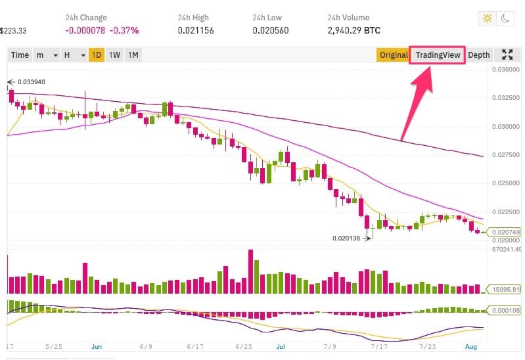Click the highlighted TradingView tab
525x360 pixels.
pos(438,55)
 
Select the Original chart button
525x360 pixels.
pos(393,55)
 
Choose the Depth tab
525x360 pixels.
pos(478,55)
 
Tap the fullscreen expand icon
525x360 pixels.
pos(507,55)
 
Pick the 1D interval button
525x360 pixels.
pos(97,55)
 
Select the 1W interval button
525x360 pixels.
pos(114,55)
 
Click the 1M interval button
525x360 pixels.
pos(133,55)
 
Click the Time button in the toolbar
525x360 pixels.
pos(20,55)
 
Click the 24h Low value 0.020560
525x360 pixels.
pos(271,30)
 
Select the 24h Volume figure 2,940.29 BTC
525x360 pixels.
pos(354,30)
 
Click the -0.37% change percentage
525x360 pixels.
pos(126,30)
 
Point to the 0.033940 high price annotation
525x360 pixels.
pos(31,82)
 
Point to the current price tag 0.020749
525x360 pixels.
pos(503,233)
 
